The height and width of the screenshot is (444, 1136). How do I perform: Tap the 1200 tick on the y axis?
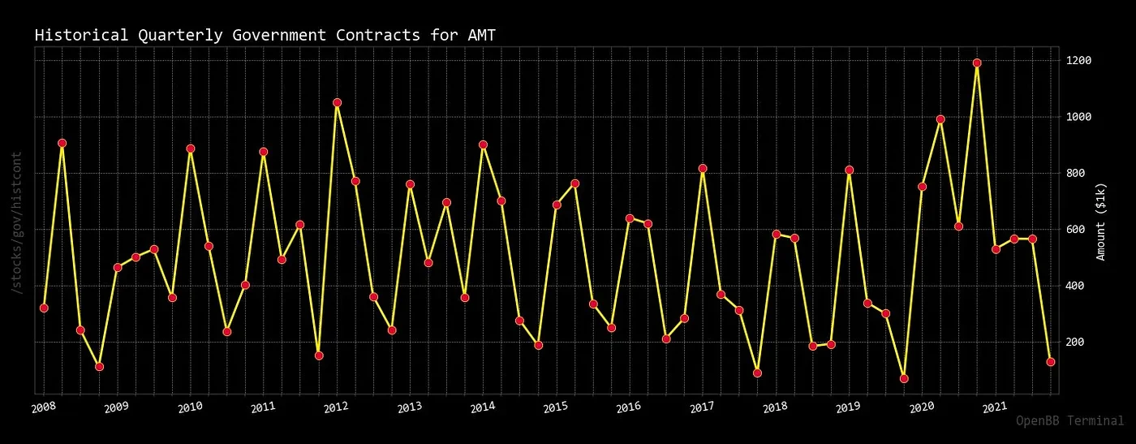[x=1079, y=61]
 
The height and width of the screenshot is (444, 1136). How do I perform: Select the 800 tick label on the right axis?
[x=1076, y=173]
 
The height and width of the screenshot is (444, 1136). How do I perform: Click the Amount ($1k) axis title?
[x=1101, y=222]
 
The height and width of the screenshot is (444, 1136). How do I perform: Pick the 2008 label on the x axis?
[x=44, y=406]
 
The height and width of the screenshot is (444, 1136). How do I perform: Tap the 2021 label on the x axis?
[x=995, y=406]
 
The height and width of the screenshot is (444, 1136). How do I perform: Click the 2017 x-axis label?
[x=702, y=406]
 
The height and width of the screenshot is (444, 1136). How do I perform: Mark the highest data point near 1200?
[x=977, y=63]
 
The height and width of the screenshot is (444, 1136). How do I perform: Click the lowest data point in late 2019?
[x=904, y=378]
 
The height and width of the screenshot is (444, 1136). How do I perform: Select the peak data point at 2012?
[x=337, y=102]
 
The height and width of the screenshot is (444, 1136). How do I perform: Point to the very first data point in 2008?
[x=44, y=308]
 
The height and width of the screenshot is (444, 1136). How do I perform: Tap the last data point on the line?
[x=1050, y=362]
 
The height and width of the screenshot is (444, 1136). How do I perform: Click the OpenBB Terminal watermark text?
[x=1069, y=420]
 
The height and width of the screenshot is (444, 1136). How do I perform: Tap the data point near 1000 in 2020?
[x=940, y=119]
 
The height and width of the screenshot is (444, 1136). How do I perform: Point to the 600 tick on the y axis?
[x=1076, y=230]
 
